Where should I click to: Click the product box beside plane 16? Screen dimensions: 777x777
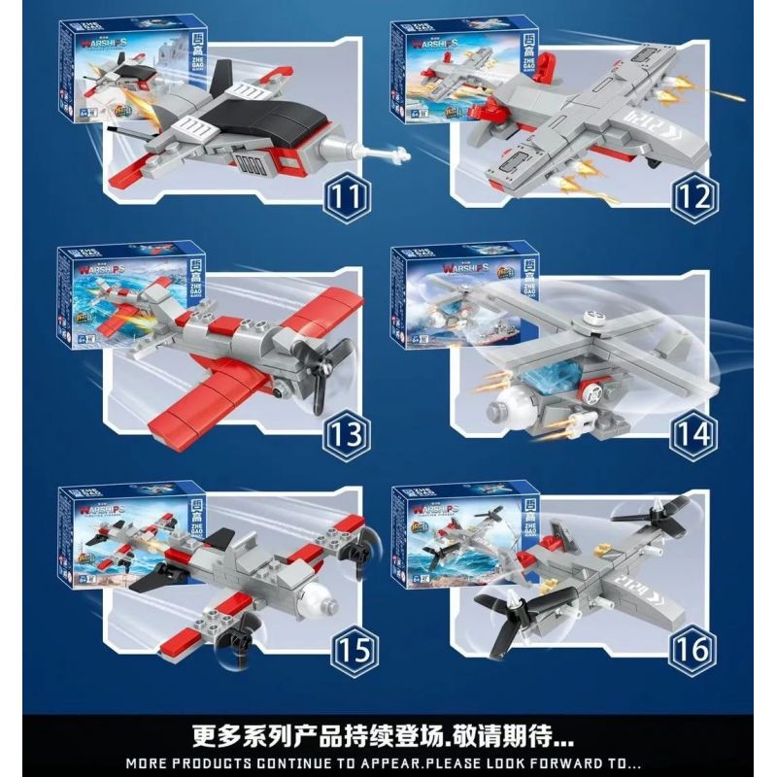437,534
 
